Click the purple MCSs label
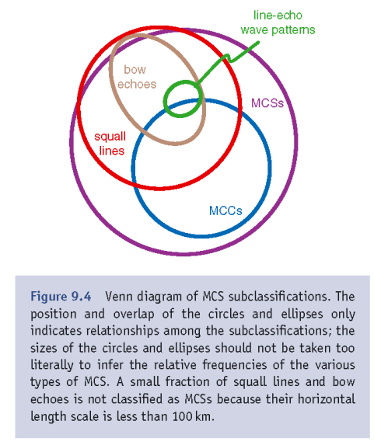tap(267, 103)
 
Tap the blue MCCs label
tap(225, 210)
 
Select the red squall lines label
tap(110, 144)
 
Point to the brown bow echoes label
tap(136, 77)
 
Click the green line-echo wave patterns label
tap(278, 23)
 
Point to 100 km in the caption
tap(193, 416)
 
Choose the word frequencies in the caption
tap(235, 365)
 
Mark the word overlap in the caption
tap(134, 315)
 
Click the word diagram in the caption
tap(159, 297)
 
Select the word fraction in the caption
tap(187, 382)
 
